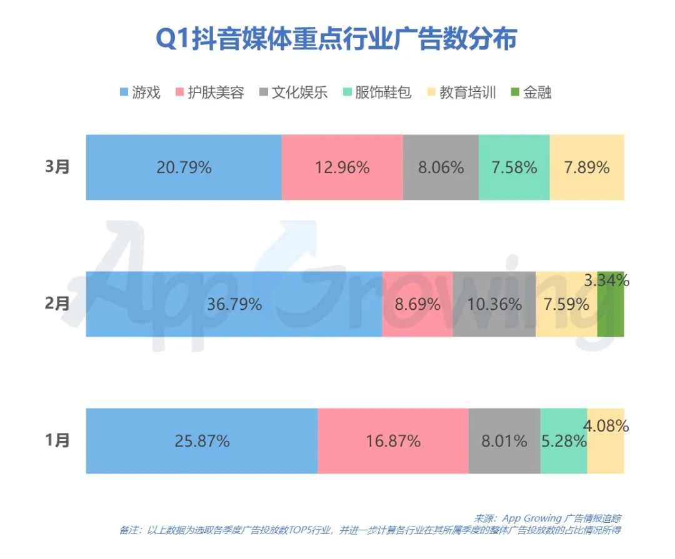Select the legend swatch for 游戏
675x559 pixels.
124,93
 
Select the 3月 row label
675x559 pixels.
58,167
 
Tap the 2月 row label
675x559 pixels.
58,304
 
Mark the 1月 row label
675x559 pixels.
58,440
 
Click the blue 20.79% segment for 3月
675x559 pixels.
184,167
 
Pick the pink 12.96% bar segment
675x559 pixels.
342,167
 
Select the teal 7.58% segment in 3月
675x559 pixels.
514,167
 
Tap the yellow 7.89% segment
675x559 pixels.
586,167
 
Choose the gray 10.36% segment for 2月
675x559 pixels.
494,304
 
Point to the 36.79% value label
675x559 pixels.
234,304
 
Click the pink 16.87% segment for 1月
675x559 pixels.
392,441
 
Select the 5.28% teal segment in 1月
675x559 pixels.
563,441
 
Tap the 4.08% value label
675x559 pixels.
606,427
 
